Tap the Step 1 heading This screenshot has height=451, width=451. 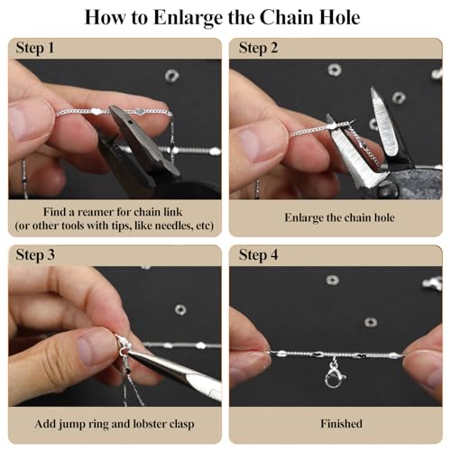click(35, 48)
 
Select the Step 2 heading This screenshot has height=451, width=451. click(258, 48)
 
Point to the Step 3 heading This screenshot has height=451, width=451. click(35, 255)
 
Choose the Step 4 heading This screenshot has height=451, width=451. click(258, 255)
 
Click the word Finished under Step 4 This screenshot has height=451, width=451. click(341, 424)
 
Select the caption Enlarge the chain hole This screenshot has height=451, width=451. click(339, 217)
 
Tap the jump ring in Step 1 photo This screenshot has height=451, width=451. click(172, 76)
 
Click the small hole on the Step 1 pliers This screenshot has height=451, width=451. click(130, 123)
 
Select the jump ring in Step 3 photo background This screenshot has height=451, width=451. click(180, 309)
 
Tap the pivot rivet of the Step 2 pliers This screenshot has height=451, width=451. click(388, 189)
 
